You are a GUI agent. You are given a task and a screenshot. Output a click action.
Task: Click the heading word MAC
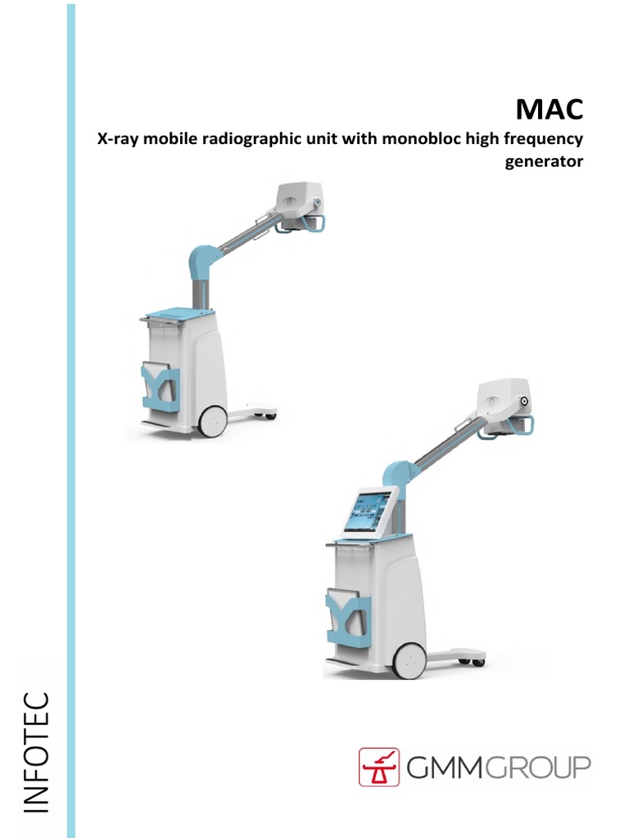[549, 109]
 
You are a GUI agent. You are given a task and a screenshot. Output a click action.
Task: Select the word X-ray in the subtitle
[115, 140]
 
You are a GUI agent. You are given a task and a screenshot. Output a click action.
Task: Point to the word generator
[545, 161]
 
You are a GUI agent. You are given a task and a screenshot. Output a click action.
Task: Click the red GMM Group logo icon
[379, 767]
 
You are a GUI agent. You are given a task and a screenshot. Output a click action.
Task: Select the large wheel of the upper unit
[213, 419]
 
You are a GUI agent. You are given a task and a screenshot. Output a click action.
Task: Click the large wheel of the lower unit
[410, 659]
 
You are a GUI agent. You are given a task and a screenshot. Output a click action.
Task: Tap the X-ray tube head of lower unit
[504, 402]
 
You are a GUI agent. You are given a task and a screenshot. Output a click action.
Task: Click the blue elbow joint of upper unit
[202, 262]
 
